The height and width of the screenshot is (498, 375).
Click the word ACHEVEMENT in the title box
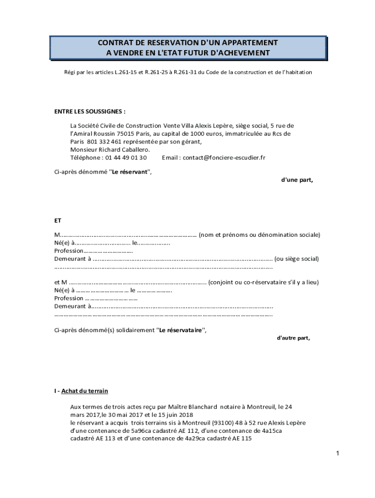point(240,53)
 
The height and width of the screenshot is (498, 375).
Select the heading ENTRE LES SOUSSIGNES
point(87,111)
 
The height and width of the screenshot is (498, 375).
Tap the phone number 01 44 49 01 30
point(126,158)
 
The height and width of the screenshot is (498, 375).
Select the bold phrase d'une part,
point(297,180)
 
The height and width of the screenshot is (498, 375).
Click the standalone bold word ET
point(58,220)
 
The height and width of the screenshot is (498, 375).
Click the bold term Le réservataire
point(181,330)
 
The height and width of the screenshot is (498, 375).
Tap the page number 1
point(337,454)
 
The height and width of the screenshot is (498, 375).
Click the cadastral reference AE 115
point(242,439)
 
